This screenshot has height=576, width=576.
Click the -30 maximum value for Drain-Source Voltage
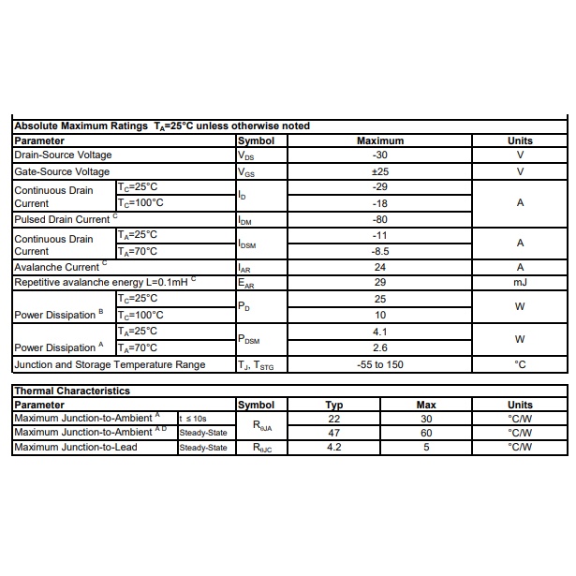(380, 155)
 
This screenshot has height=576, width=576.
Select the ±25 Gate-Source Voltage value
(380, 171)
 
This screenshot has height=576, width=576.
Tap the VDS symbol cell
(246, 155)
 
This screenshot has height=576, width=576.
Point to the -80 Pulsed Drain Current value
(380, 219)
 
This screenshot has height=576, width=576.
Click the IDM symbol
(245, 220)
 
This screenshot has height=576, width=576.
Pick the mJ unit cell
(520, 282)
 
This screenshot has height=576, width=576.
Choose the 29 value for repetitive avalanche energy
(380, 282)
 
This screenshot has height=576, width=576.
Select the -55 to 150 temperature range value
(380, 364)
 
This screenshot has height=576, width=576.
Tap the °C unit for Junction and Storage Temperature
(520, 364)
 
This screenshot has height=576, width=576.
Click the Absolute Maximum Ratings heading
(161, 126)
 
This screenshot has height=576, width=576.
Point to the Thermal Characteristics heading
(72, 391)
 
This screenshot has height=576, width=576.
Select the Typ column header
(334, 405)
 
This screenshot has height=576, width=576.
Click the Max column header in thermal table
(426, 405)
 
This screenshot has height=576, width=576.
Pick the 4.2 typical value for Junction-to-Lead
(334, 447)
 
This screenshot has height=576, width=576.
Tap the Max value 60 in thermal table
(426, 433)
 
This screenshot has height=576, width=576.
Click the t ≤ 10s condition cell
(194, 418)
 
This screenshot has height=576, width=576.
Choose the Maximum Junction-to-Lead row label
(76, 447)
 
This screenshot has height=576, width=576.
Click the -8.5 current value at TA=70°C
(380, 251)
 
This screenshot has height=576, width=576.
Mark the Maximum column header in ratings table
(380, 140)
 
